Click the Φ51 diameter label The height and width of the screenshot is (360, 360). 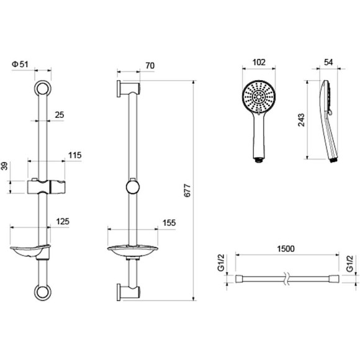coord(20,65)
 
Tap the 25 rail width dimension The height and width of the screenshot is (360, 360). coord(60,115)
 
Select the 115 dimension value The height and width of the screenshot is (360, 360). coord(75,155)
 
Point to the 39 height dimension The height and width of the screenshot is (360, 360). coord(5,166)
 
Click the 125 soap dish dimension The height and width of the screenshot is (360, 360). coord(63,222)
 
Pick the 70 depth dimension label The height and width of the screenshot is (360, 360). coord(150,66)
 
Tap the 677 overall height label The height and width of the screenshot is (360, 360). coord(187,191)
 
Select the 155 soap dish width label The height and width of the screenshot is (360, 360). coord(169,223)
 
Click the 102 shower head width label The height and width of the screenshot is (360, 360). coord(259,62)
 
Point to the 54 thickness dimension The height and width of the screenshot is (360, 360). coord(328,62)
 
